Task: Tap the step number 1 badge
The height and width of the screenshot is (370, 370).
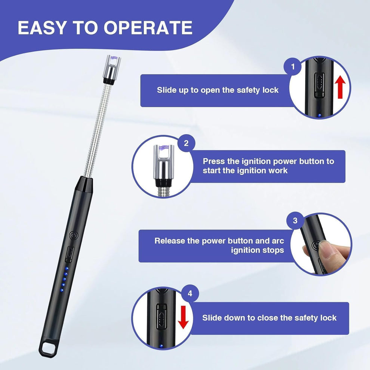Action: tap(293, 67)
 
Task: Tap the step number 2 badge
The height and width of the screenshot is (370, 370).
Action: tap(186, 144)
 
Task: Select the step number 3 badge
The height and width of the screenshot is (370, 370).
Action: tap(295, 221)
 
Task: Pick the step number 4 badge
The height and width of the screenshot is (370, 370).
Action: tap(190, 294)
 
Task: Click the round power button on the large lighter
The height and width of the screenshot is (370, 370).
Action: tap(73, 236)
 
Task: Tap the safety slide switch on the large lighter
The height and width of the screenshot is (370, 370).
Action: tap(70, 254)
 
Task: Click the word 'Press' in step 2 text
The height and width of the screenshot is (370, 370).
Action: tap(214, 161)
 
